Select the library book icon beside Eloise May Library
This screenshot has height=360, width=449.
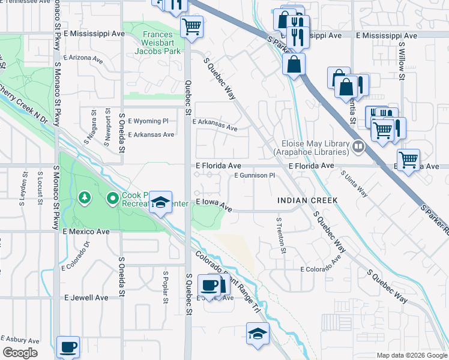point(358,145)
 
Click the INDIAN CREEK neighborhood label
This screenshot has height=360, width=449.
point(307,200)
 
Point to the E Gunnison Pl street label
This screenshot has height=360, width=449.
point(254,176)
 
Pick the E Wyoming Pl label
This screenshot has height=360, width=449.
point(148,121)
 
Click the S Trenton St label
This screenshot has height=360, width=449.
point(279,235)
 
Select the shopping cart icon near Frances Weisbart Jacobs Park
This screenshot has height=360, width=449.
point(192,26)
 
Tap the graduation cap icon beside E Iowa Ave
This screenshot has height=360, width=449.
point(161,202)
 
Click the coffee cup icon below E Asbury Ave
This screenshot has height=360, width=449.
point(68,346)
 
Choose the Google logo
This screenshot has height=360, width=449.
point(20,353)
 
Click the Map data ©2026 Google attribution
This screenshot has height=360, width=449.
point(411,355)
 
